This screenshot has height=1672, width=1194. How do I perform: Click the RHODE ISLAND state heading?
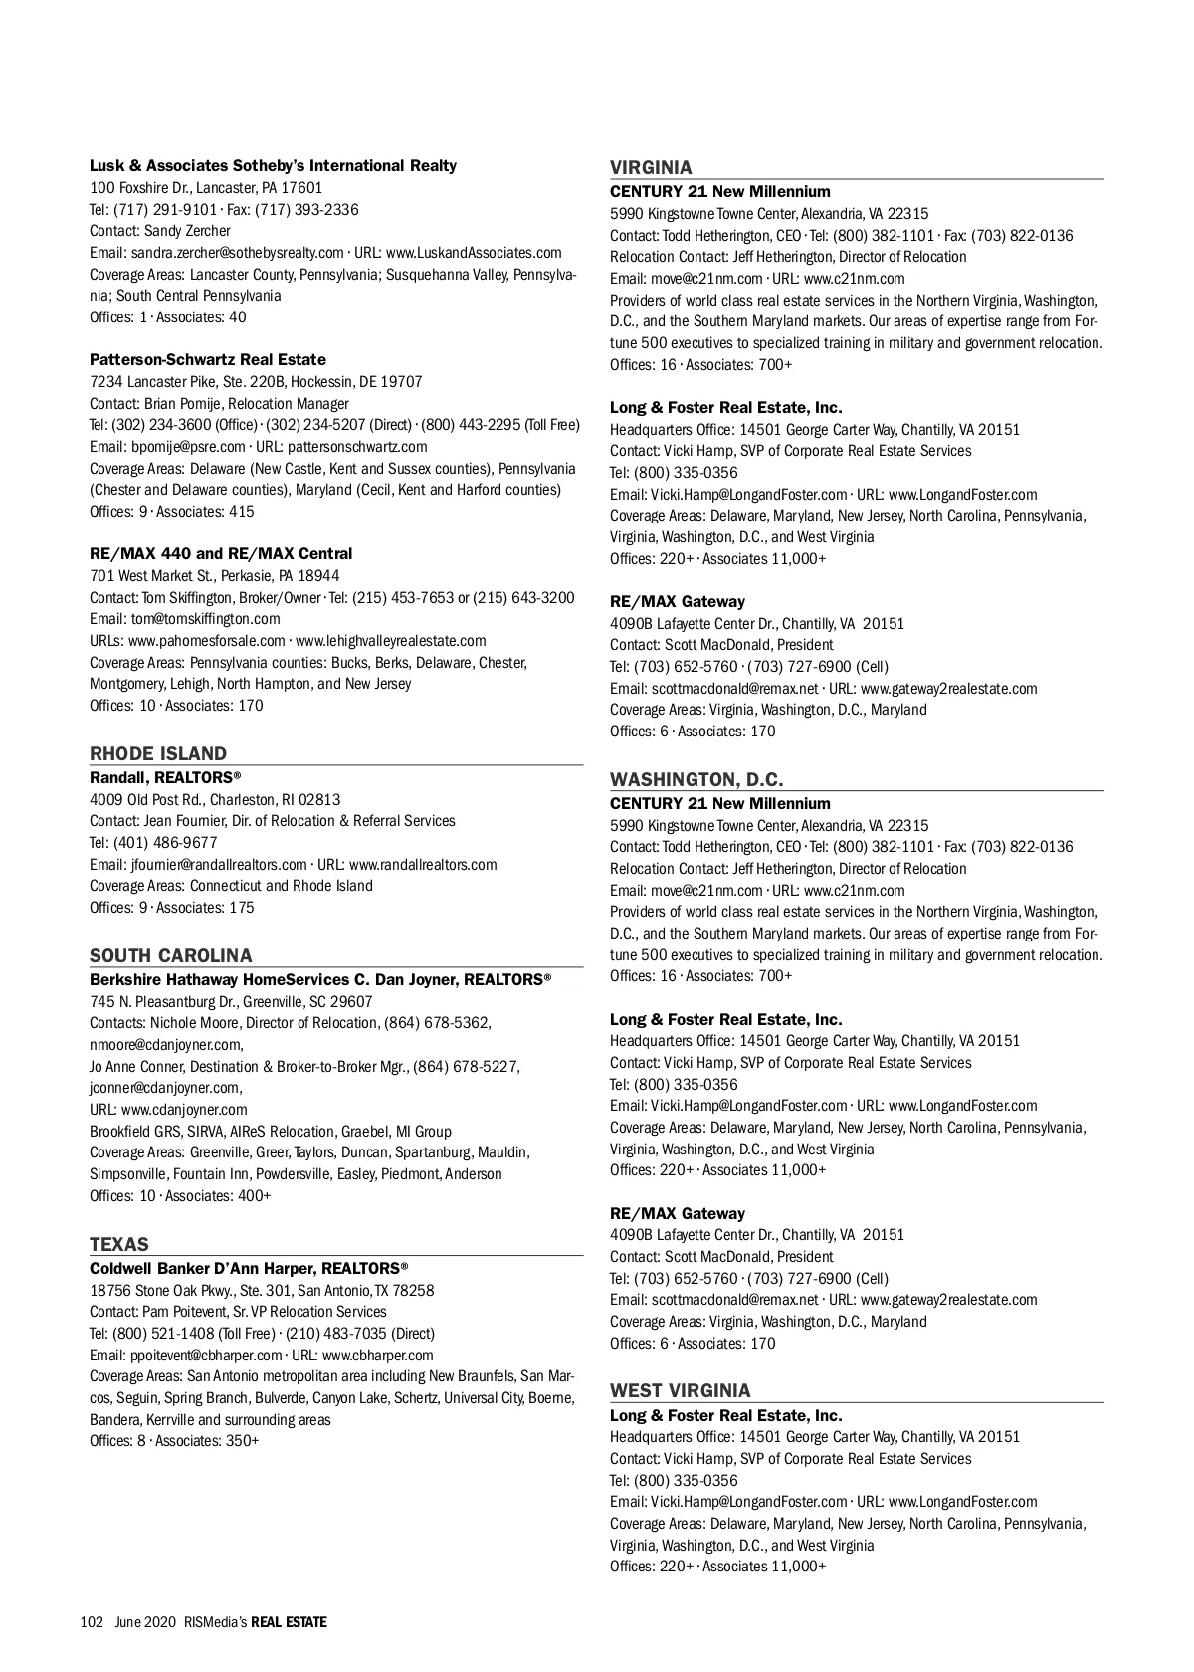click(x=158, y=753)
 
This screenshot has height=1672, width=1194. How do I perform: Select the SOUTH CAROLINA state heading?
click(x=171, y=955)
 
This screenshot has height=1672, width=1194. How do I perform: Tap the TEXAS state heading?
click(x=119, y=1244)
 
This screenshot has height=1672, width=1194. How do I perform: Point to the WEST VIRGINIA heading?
click(x=681, y=1390)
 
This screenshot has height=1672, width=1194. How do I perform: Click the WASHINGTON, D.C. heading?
click(x=696, y=779)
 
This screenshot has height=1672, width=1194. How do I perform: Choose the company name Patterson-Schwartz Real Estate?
click(x=208, y=359)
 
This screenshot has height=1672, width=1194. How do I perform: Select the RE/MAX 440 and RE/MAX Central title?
click(x=221, y=553)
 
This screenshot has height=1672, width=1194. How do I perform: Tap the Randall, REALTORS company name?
click(x=165, y=776)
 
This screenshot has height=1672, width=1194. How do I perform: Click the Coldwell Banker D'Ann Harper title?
click(x=249, y=1268)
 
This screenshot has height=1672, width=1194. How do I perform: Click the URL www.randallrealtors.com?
click(x=423, y=864)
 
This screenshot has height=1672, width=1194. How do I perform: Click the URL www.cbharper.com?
click(x=378, y=1355)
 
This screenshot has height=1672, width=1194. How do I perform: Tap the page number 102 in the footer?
click(x=92, y=1621)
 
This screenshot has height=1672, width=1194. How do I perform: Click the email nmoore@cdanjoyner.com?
click(x=165, y=1044)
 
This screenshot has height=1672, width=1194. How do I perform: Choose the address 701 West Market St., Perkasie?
click(x=214, y=575)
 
